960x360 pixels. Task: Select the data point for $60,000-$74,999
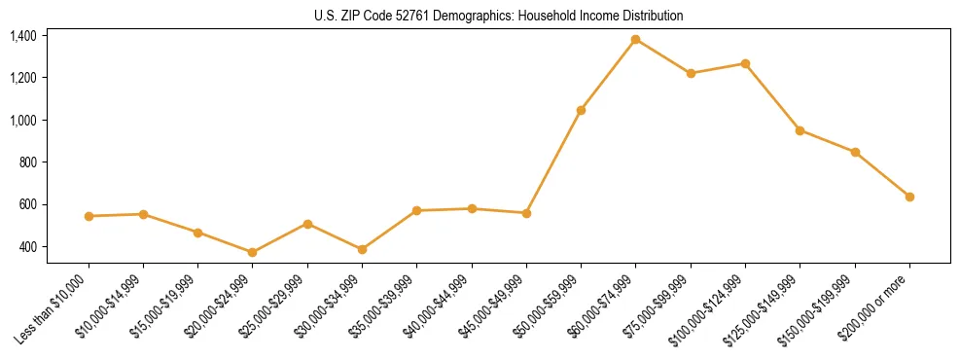pos(636,39)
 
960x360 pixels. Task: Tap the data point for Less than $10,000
pos(89,216)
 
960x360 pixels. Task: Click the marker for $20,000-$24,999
pos(253,252)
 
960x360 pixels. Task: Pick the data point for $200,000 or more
pos(909,197)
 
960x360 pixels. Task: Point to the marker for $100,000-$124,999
pos(745,63)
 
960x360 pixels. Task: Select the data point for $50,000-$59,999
pos(581,110)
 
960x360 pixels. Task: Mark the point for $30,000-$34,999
pos(362,249)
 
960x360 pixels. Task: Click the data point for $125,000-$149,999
pos(800,130)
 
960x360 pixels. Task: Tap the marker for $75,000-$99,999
pos(691,73)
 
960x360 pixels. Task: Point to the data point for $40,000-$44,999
pos(472,208)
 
